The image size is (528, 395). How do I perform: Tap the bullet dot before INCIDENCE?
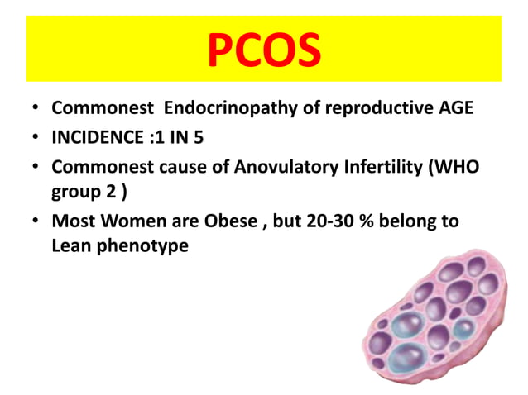pos(34,138)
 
